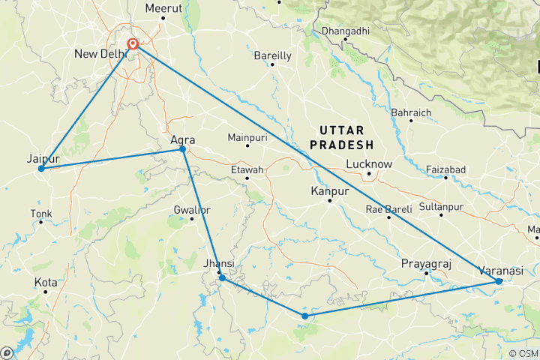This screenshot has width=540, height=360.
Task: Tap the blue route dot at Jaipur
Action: coord(40,169)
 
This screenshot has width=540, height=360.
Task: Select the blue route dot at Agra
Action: coord(183,149)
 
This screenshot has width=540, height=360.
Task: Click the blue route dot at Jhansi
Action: coord(222,278)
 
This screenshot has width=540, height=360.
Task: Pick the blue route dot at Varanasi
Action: coord(499,281)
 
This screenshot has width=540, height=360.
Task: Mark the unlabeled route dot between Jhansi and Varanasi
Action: coord(304,316)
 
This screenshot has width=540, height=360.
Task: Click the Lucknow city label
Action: coord(369,164)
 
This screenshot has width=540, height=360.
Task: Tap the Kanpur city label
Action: coord(330,192)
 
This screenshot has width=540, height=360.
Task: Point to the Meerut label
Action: coord(165,8)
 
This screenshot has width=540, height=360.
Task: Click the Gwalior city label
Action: coord(191,208)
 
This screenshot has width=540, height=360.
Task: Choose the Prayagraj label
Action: coord(426,264)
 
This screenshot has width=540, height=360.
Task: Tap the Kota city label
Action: coord(45,282)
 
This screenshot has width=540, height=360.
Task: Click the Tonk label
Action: coord(40,214)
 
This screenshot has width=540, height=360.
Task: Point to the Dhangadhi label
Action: coord(345,31)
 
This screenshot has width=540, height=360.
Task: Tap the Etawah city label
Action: coord(247,170)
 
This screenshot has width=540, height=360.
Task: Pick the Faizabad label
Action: coord(445,169)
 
